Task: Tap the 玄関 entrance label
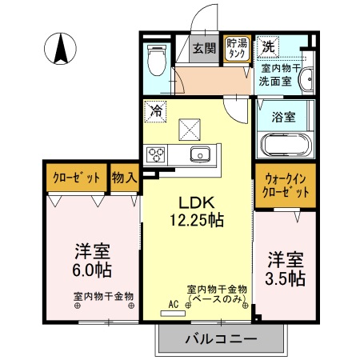click(x=204, y=47)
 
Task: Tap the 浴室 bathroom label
click(x=285, y=115)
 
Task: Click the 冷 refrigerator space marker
click(x=157, y=111)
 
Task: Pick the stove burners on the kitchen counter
click(x=156, y=155)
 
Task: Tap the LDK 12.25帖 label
click(x=195, y=209)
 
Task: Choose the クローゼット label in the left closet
click(x=76, y=177)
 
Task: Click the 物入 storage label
click(x=124, y=177)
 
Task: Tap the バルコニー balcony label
click(x=221, y=338)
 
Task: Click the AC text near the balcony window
click(x=173, y=303)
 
